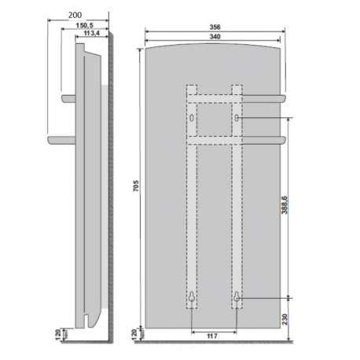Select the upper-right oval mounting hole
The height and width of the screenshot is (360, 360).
tap(237, 117)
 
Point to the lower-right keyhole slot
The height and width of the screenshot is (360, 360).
tap(237, 298)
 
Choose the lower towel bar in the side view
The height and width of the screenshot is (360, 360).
tap(61, 139)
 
